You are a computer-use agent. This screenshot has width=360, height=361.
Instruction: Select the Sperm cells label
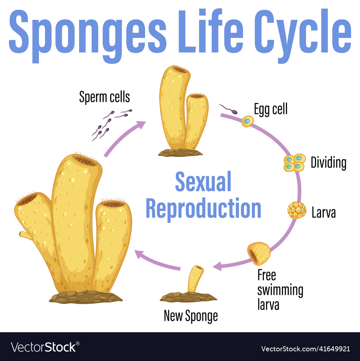tap(104, 97)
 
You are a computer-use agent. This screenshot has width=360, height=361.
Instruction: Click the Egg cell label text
tap(271, 109)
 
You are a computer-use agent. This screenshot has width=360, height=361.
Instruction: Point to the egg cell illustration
tap(247, 121)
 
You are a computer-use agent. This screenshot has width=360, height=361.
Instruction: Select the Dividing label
tap(328, 163)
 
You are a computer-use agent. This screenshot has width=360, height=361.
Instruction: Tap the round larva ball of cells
tap(297, 210)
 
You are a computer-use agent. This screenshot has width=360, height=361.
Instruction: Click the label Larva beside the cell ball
tap(323, 213)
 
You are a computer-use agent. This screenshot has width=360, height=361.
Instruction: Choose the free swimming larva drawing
tap(259, 253)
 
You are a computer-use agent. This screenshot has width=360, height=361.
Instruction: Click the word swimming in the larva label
tap(280, 290)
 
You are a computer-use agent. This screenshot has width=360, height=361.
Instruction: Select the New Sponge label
tap(190, 316)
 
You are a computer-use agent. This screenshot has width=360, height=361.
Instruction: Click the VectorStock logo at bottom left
tap(44, 347)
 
